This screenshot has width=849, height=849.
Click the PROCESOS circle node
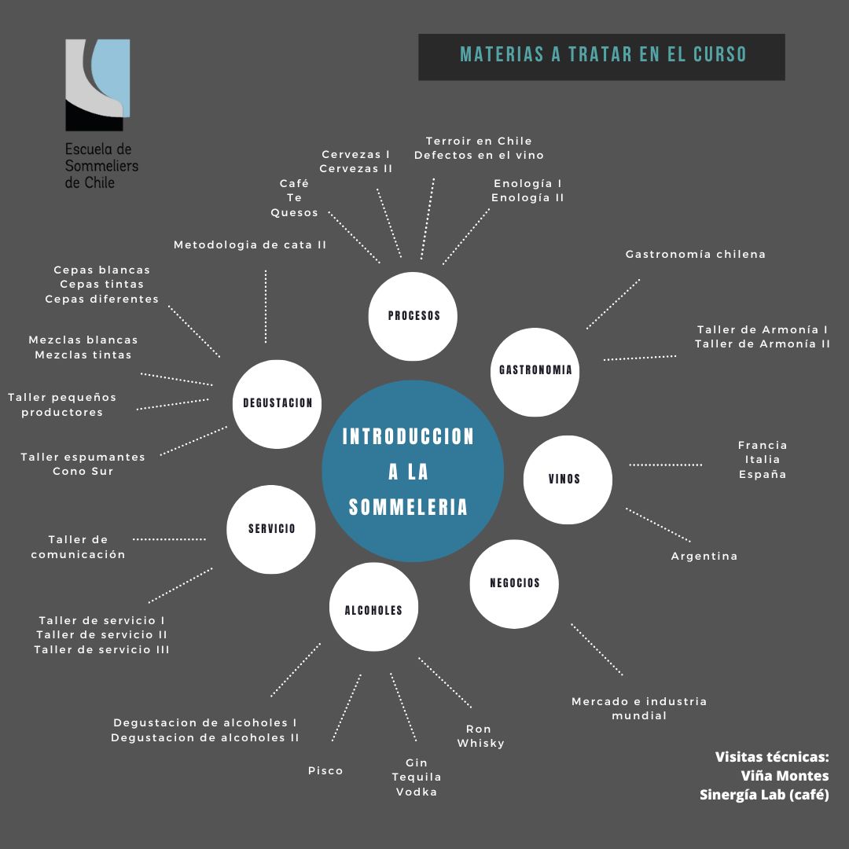coord(413,315)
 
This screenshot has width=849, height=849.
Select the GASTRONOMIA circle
coord(535,370)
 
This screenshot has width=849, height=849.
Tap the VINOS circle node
coord(568,479)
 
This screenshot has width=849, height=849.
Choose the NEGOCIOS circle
coord(514,583)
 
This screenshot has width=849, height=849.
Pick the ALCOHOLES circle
coord(373,610)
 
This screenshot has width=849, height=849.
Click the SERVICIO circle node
coord(271,529)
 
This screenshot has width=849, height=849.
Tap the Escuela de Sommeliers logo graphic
coord(97,85)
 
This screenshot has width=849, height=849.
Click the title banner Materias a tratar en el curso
coord(601,55)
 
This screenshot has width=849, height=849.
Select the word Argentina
coord(704,557)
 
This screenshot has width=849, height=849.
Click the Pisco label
coord(325,771)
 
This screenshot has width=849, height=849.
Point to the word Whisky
coord(480,744)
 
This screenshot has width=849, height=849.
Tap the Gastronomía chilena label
coord(695,255)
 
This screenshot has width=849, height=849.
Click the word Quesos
coord(294,213)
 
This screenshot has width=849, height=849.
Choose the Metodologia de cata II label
coord(250,245)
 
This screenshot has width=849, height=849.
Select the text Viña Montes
coord(784,776)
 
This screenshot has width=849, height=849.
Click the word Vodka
coord(416,792)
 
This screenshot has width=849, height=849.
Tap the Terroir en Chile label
coord(479,141)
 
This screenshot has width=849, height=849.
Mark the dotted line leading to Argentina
coord(658,524)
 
